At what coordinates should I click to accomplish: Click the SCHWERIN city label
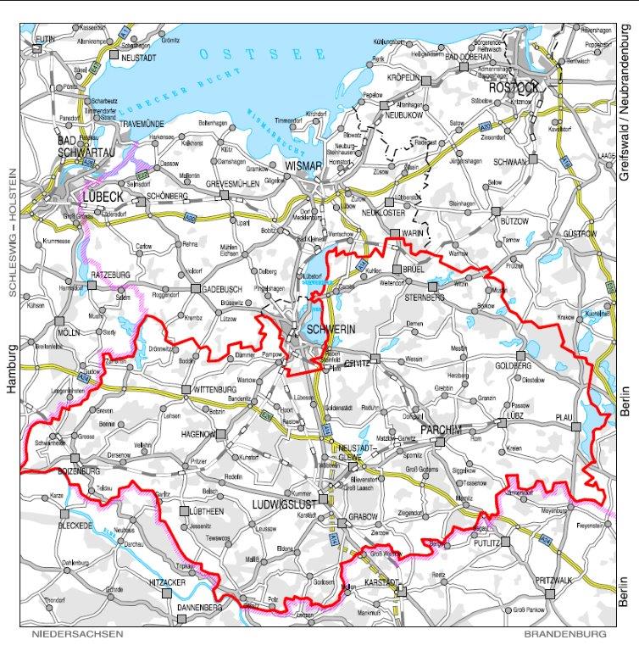325,327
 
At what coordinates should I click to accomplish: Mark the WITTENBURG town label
214,389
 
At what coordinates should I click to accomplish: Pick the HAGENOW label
198,433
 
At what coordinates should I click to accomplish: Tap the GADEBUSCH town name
224,288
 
